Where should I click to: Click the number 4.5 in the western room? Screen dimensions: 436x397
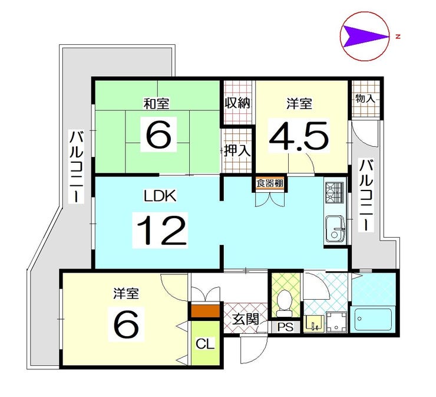pos(299,136)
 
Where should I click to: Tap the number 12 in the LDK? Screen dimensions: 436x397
pos(161,230)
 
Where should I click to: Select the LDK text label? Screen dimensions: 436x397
pos(160,195)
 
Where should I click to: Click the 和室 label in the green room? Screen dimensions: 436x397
pos(157,104)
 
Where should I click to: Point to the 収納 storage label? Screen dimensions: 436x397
pos(238,103)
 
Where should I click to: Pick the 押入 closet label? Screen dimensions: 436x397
pos(237,150)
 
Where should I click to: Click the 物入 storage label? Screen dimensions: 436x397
pos(365,99)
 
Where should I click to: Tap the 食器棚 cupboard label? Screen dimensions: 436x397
pos(270,183)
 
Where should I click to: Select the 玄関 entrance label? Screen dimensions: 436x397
pos(246,319)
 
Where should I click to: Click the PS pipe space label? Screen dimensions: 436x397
pos(286,327)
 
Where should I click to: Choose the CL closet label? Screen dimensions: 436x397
pos(205,344)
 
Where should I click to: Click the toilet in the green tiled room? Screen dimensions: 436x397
pos(285,304)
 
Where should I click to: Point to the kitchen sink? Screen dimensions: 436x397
pos(335,228)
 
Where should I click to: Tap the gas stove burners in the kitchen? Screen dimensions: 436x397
pos(335,193)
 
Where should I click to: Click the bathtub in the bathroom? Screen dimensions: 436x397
pos(372,319)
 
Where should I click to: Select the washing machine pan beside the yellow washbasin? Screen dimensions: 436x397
pos(336,322)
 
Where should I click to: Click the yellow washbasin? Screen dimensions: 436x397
pos(314,323)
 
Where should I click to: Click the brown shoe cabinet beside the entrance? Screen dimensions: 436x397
pos(206,311)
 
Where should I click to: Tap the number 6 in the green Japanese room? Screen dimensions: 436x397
pos(158,134)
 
